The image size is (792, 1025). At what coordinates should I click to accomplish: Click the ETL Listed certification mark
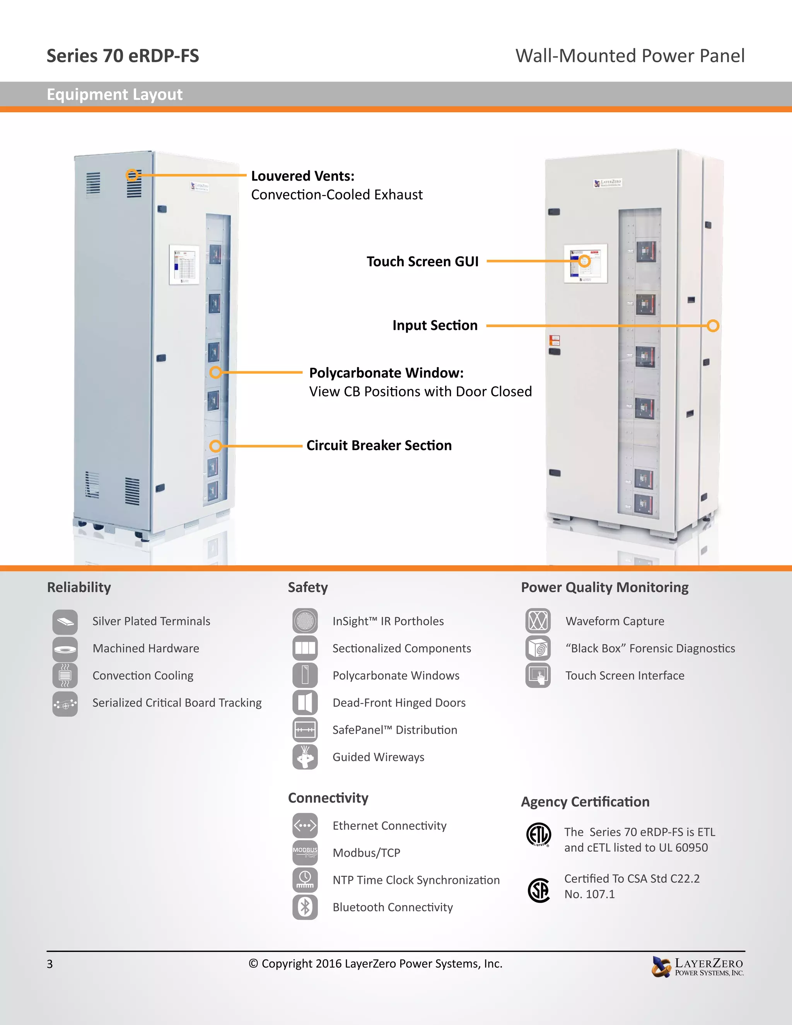(539, 834)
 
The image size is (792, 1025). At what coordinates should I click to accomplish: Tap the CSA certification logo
(539, 890)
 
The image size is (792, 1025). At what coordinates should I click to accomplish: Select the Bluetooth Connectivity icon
(305, 907)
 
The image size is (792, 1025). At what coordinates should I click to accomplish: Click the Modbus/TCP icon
(305, 853)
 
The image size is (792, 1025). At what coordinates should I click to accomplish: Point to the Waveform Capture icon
(538, 621)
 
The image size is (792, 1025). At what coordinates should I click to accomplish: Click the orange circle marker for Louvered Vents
(132, 175)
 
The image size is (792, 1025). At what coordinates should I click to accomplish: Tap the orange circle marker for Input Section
(713, 326)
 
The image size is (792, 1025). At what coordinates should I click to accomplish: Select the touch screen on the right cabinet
(585, 263)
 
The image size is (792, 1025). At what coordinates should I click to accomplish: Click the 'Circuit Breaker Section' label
(379, 445)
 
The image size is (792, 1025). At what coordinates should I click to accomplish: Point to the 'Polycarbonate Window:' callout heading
(386, 372)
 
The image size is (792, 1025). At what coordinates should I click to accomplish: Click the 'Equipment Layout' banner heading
(114, 94)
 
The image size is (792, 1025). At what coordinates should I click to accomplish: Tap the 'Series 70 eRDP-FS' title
(123, 56)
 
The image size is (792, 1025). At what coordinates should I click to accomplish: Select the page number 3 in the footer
(50, 964)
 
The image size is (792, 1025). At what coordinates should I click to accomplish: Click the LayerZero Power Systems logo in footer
(698, 967)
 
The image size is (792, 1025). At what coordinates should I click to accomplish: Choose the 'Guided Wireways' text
(378, 757)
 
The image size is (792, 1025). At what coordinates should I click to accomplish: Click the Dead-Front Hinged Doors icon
(305, 702)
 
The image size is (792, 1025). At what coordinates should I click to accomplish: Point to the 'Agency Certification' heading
(585, 801)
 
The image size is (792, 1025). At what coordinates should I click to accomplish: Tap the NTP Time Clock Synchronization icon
(305, 880)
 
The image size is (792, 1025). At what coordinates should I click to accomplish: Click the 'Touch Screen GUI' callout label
(422, 261)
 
